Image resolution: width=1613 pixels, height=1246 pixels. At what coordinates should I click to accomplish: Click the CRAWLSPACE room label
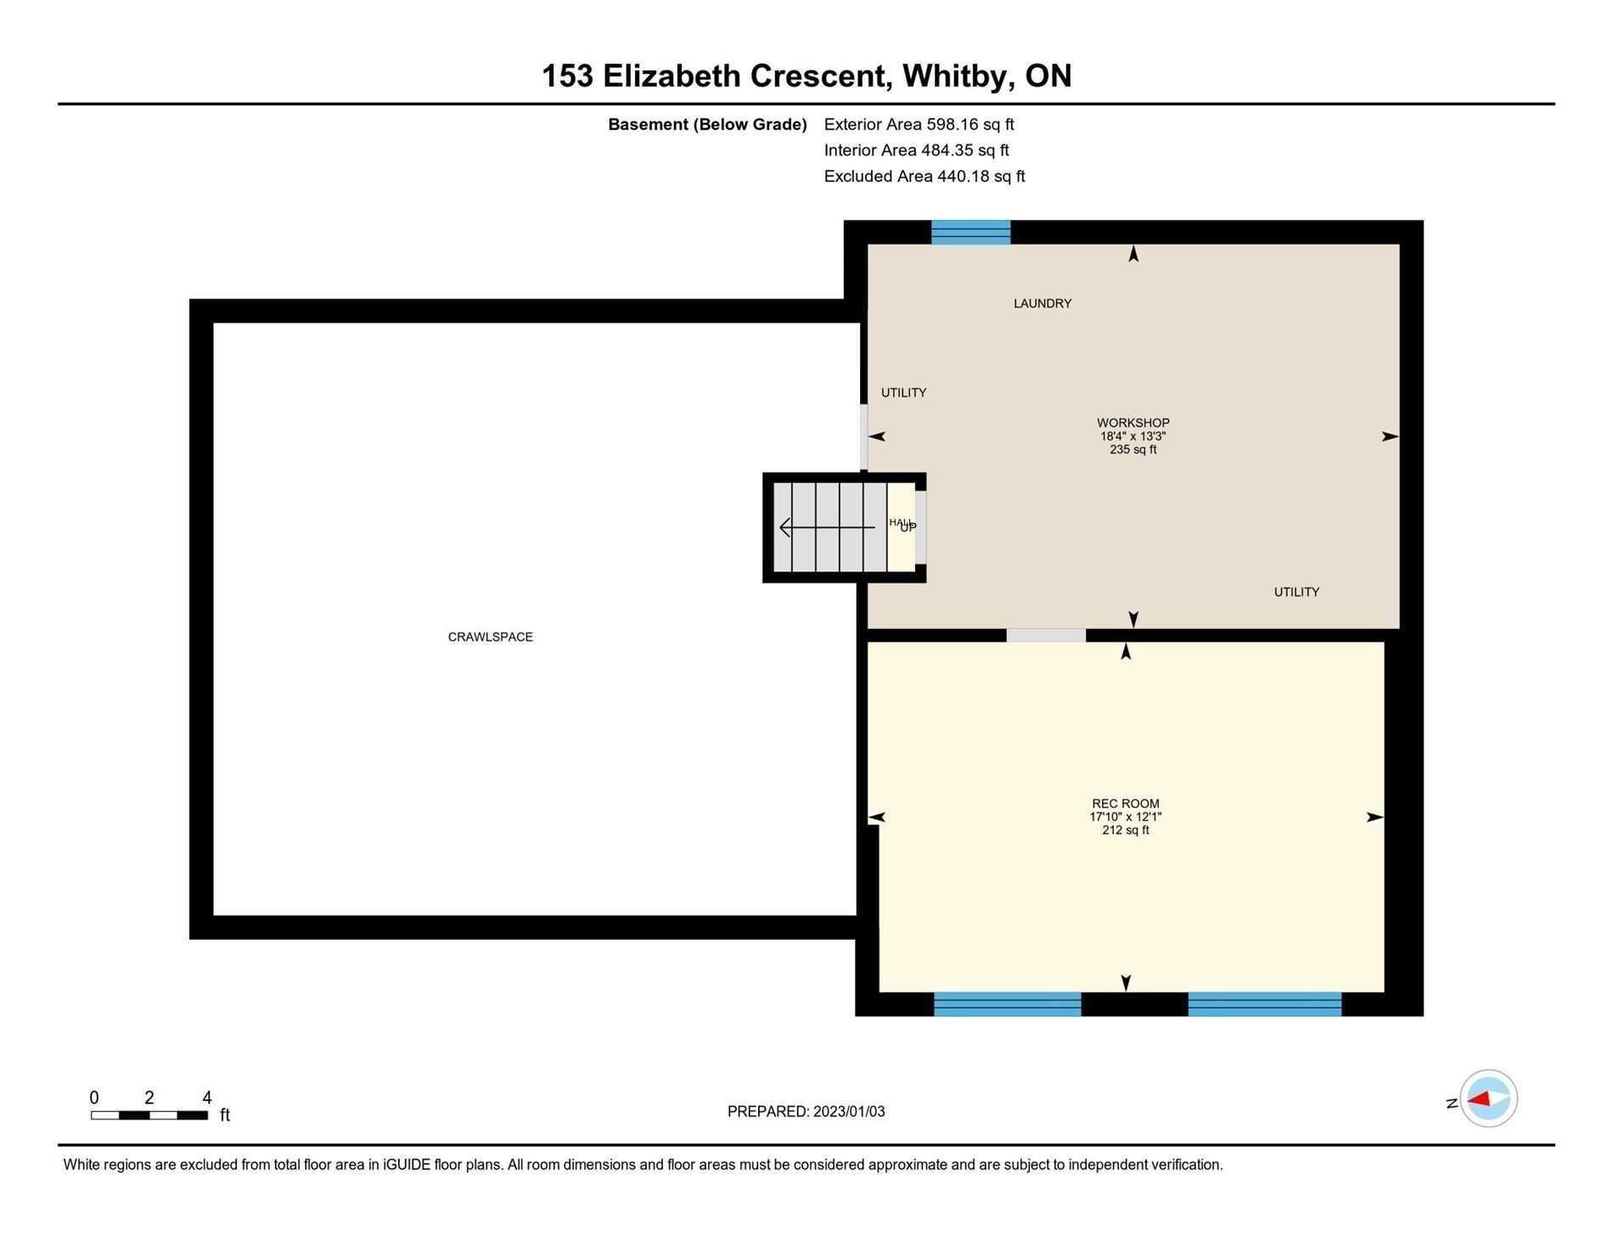[490, 637]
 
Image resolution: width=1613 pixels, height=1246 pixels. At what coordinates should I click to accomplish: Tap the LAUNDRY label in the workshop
[1043, 303]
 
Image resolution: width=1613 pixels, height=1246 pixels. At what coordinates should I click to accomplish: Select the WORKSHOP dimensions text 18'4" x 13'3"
[1133, 436]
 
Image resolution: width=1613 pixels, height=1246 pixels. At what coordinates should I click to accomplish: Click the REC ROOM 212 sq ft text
[1126, 830]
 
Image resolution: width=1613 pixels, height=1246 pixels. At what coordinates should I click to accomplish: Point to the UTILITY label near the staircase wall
[903, 392]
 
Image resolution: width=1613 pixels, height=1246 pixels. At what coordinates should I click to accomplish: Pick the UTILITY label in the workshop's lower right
[1296, 592]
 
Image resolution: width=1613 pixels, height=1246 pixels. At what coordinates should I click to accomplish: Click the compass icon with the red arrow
[1488, 1098]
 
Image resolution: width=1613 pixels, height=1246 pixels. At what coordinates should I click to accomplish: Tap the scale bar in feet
[149, 1114]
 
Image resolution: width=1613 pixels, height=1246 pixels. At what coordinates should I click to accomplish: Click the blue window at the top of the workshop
[971, 232]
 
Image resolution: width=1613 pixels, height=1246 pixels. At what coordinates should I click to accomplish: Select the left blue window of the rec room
[1008, 1004]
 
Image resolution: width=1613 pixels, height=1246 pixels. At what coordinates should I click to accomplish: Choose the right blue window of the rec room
[1265, 1004]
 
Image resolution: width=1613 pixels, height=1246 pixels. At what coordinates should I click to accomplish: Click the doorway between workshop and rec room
[1046, 635]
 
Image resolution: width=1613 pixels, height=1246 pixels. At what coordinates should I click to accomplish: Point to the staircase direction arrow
[827, 528]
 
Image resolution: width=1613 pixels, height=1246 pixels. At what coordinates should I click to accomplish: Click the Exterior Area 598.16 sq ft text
[919, 124]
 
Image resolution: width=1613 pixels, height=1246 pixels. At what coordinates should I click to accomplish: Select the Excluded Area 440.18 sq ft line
[925, 176]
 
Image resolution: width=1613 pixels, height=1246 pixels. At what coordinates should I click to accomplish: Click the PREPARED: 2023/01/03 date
[806, 1111]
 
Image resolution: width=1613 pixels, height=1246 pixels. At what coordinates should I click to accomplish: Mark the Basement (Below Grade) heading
[707, 125]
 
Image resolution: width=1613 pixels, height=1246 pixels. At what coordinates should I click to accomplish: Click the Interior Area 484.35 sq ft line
[917, 150]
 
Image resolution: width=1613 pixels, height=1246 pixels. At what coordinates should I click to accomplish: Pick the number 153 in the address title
[567, 76]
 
